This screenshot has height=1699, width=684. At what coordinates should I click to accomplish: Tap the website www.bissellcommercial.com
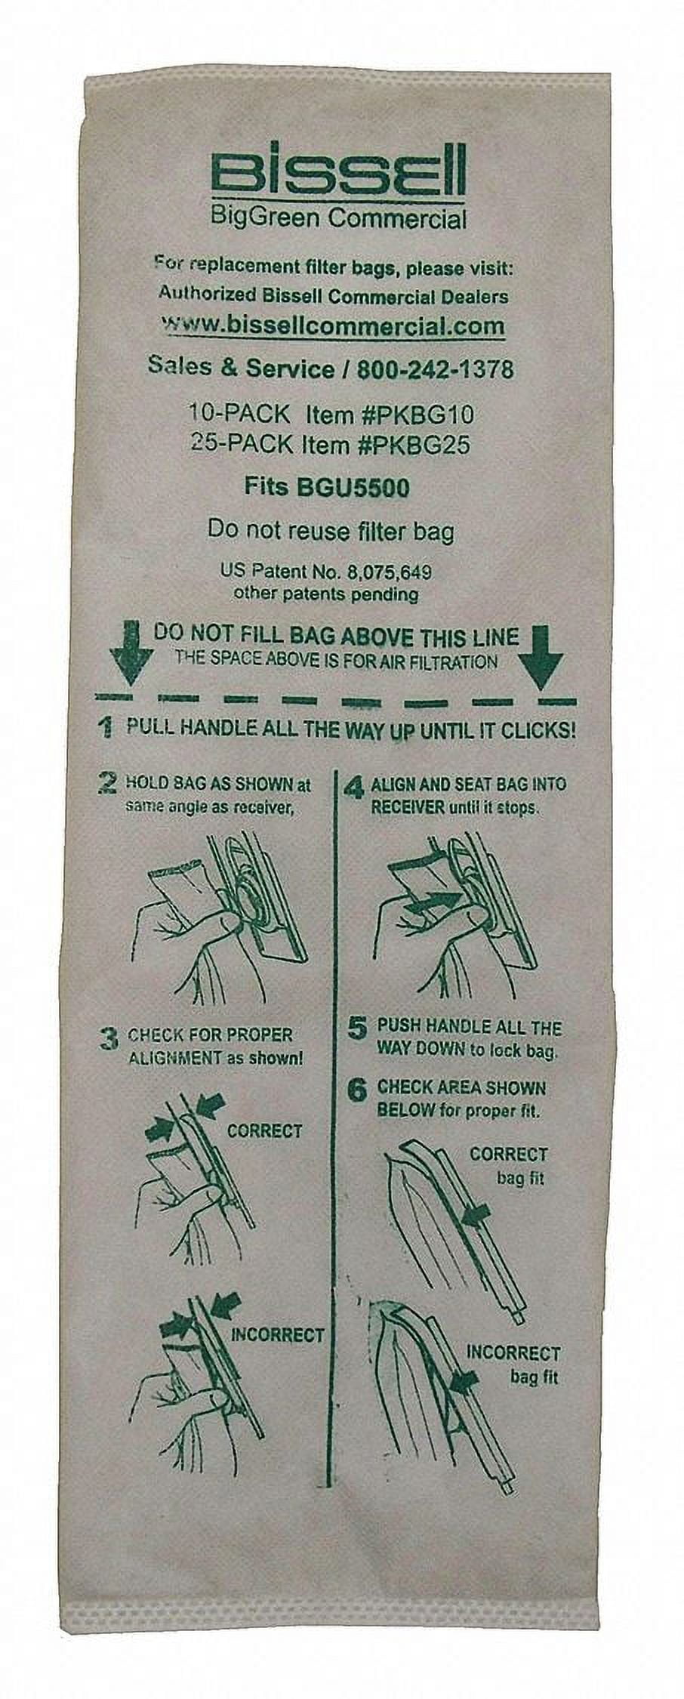pos(333,325)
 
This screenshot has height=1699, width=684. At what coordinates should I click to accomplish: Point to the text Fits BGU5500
pos(326,487)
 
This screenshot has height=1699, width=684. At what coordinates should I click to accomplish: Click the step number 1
pos(106,729)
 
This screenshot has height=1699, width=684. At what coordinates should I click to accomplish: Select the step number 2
pos(107,782)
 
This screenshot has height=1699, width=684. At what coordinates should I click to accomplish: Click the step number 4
pos(353,788)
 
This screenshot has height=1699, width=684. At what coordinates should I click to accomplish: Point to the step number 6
pos(358,1090)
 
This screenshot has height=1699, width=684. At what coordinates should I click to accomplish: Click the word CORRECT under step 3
pos(264,1131)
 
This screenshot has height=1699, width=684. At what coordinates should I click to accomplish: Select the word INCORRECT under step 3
pos(276,1334)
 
